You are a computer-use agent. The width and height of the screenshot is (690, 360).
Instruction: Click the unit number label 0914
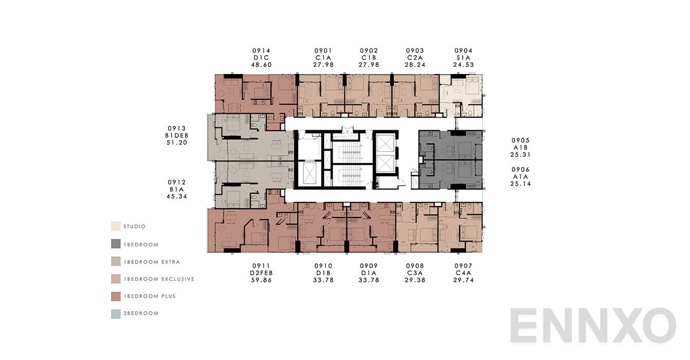pyautogui.click(x=261, y=50)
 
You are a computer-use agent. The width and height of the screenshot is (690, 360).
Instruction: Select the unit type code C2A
pyautogui.click(x=415, y=58)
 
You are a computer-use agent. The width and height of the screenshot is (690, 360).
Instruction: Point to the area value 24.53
pyautogui.click(x=463, y=65)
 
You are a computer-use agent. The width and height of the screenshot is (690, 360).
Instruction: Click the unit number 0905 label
pyautogui.click(x=520, y=140)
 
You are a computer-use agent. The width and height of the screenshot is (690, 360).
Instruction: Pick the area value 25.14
pyautogui.click(x=520, y=184)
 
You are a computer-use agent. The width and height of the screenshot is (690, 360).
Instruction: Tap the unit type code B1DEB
pyautogui.click(x=177, y=135)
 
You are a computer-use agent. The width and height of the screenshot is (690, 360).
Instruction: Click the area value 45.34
pyautogui.click(x=177, y=196)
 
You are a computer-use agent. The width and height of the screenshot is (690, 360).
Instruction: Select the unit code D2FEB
pyautogui.click(x=261, y=273)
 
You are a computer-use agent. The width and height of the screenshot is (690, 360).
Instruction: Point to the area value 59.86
pyautogui.click(x=261, y=280)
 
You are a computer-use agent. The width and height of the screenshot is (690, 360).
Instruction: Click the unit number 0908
pyautogui.click(x=415, y=266)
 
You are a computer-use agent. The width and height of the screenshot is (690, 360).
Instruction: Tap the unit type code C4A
pyautogui.click(x=463, y=273)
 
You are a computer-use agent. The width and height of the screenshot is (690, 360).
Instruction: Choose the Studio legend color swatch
pyautogui.click(x=116, y=226)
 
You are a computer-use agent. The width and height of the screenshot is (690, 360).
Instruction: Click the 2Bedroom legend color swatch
pyautogui.click(x=116, y=313)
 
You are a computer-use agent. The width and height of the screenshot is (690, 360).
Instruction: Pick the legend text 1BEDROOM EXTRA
pyautogui.click(x=152, y=262)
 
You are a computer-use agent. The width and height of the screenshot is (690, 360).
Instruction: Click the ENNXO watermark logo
pyautogui.click(x=593, y=325)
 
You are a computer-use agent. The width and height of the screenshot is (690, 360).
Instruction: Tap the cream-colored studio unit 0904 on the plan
pyautogui.click(x=461, y=96)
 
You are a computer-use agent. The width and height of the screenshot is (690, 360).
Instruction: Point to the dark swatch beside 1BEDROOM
pyautogui.click(x=116, y=244)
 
